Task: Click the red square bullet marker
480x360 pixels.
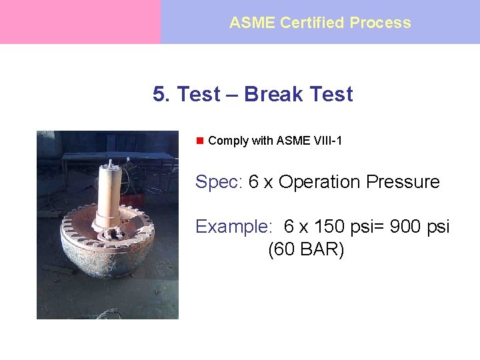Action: click(199, 141)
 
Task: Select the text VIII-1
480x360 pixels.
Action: click(327, 141)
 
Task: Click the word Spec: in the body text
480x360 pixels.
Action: click(219, 182)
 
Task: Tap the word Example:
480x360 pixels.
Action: click(233, 227)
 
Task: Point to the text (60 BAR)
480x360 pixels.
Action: click(306, 251)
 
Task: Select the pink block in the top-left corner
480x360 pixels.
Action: click(80, 22)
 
